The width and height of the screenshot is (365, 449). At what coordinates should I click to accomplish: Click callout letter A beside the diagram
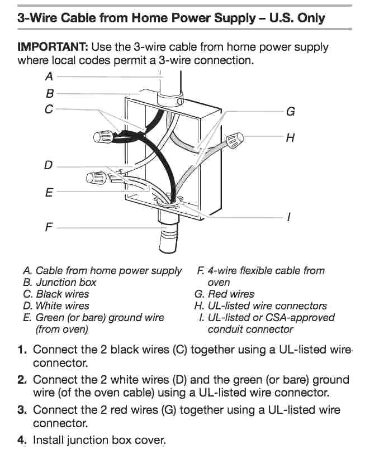click(49, 76)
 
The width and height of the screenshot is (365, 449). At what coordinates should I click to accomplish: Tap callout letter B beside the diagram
click(50, 94)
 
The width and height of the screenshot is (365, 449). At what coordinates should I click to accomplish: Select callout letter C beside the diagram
click(49, 109)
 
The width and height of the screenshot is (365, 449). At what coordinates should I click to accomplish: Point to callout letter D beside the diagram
click(49, 165)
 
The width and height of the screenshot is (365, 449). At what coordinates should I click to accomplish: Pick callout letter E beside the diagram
click(49, 193)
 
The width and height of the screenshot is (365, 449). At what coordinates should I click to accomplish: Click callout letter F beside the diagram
click(49, 227)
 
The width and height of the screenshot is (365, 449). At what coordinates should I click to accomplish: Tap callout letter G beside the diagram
click(290, 112)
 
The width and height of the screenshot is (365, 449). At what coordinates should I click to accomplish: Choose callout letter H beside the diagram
click(290, 137)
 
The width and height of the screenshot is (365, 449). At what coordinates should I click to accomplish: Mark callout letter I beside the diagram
click(288, 217)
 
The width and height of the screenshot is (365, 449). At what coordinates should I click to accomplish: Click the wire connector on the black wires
click(102, 136)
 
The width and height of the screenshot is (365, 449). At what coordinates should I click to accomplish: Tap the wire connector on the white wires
click(96, 178)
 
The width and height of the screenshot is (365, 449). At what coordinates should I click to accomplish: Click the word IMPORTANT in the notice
click(53, 47)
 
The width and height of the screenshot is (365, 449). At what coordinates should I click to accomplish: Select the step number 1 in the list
click(22, 350)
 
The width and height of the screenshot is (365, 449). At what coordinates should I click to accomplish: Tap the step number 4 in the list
click(22, 440)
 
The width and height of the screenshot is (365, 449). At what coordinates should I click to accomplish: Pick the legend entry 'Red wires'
click(231, 294)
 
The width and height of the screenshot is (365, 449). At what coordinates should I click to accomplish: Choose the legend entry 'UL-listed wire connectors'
click(267, 305)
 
